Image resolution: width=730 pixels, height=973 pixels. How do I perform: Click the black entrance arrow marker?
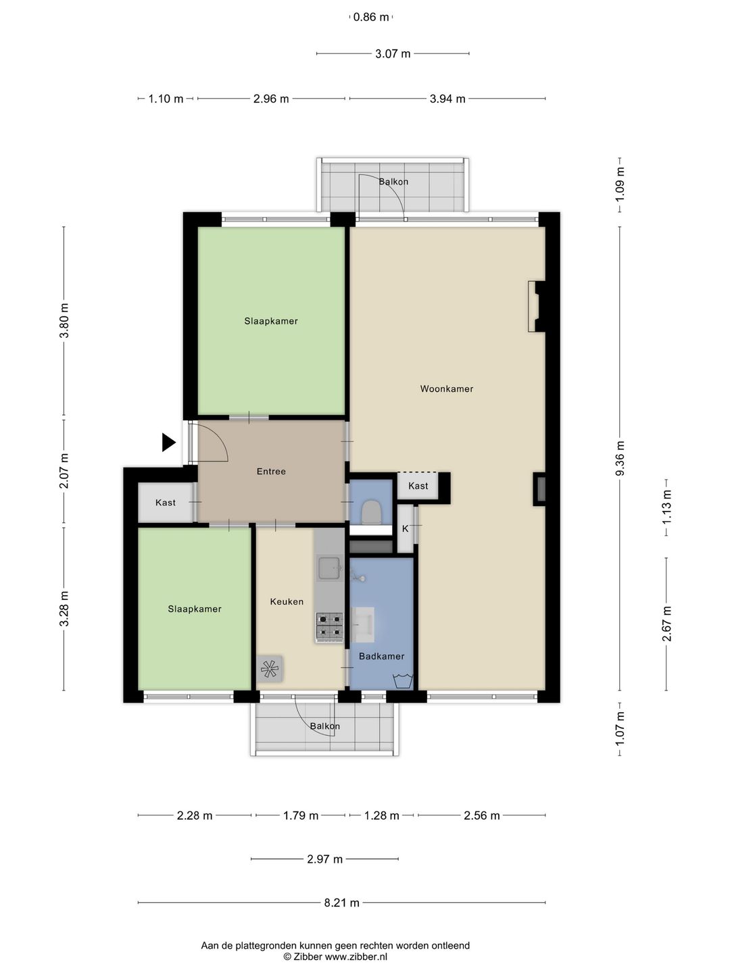168,443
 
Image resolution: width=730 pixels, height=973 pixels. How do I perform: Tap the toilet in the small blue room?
372,512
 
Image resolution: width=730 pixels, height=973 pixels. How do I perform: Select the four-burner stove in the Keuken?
329,627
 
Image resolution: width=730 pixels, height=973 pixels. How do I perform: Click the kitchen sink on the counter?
330,568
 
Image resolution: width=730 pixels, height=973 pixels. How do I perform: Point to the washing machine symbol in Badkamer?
403,681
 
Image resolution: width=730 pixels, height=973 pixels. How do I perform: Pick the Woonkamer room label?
446,389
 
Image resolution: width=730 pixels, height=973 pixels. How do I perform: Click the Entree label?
271,471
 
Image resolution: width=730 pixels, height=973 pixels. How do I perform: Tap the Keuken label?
287,601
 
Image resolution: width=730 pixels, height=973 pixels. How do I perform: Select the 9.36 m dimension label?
620,458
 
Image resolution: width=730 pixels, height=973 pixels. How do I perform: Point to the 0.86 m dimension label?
371,18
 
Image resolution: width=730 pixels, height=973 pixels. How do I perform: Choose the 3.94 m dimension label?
447,99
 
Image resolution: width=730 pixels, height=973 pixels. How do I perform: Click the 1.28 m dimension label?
382,815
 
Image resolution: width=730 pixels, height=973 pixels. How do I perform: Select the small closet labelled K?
405,529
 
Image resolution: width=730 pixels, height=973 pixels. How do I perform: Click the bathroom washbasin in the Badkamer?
362,624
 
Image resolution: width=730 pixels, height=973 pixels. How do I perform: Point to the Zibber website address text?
356,957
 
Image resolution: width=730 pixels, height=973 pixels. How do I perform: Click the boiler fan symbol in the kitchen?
270,668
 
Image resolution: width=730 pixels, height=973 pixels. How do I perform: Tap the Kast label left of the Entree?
166,502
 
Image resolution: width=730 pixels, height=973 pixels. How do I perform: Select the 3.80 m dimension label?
64,320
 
